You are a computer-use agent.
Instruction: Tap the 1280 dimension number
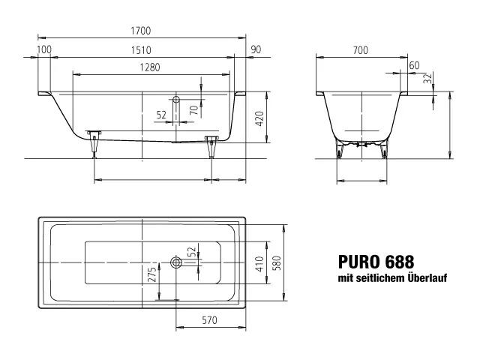[148, 67]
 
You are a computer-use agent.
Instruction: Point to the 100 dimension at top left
[44, 49]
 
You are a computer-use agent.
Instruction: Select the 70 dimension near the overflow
[193, 109]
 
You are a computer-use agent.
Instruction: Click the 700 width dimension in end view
[361, 49]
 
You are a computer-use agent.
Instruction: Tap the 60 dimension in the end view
[414, 66]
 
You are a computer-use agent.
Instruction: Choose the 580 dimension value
[277, 264]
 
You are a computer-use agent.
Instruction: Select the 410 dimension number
[259, 263]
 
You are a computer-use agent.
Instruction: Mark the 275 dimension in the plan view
[152, 275]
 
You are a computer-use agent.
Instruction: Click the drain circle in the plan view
[176, 262]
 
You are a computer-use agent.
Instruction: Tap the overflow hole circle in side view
[176, 99]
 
